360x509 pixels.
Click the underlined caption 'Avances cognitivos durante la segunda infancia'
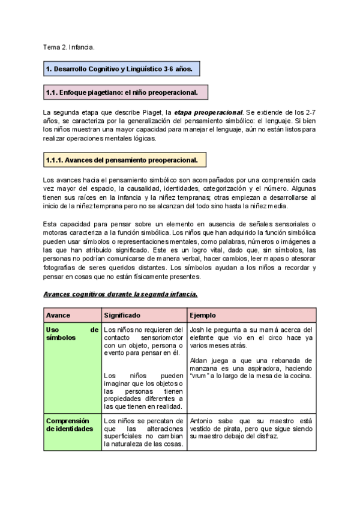[x=121, y=294]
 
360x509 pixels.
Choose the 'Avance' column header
[x=58, y=315]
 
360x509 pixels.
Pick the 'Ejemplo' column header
[x=203, y=315]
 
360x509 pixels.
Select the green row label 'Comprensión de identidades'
[x=70, y=425]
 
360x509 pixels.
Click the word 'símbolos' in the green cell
[x=61, y=338]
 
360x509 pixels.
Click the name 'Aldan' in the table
[x=199, y=360]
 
